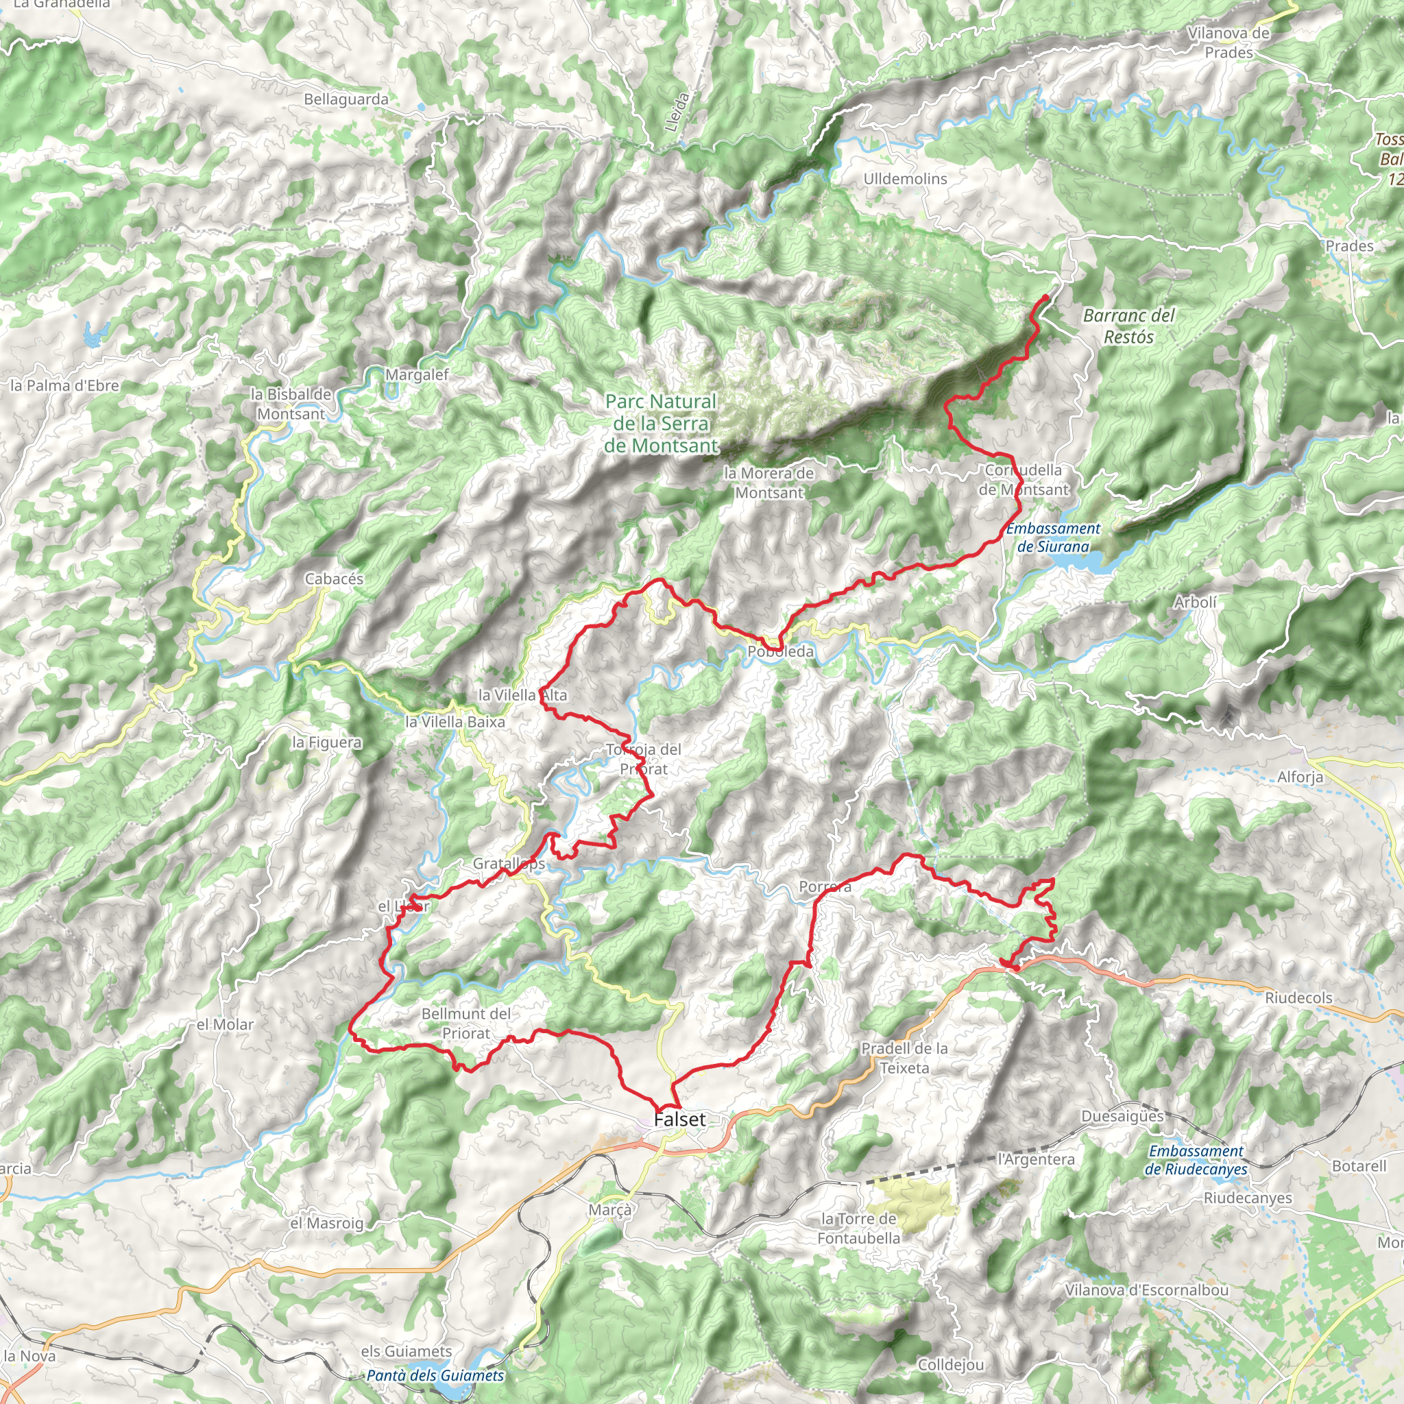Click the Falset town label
point(679,1120)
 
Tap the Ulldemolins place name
point(905,179)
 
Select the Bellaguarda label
point(346,99)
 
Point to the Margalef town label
point(417,375)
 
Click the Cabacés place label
point(335,579)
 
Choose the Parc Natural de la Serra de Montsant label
point(662,424)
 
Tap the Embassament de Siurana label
point(1053,537)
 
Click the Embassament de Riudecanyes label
point(1196,1160)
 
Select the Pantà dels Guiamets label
point(435,1376)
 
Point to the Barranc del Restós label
point(1128,326)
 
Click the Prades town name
point(1349,246)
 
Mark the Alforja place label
point(1300,777)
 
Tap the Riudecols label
point(1298,997)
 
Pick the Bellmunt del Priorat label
point(465,1024)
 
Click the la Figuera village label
point(326,742)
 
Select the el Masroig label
point(326,1223)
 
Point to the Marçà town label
point(610,1210)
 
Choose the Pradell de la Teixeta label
point(904,1058)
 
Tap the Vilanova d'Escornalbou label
point(1147,1290)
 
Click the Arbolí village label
point(1195,602)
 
